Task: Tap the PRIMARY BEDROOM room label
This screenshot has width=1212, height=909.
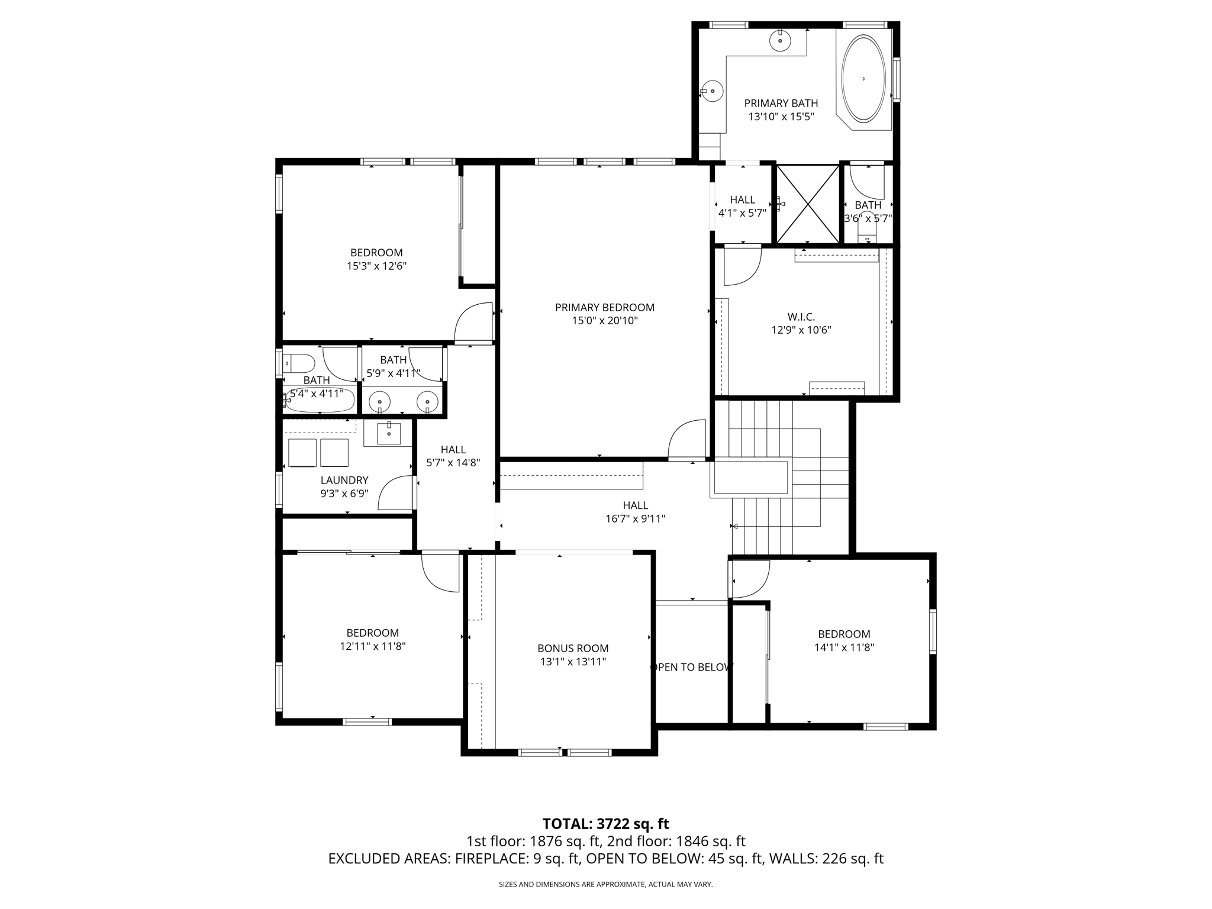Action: click(x=604, y=307)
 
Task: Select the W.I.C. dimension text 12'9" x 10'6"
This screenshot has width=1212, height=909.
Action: click(x=801, y=330)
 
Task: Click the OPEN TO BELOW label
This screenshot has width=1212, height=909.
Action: click(x=691, y=667)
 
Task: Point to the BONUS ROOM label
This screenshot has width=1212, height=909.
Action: click(x=573, y=648)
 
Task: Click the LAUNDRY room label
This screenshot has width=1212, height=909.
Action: click(x=344, y=480)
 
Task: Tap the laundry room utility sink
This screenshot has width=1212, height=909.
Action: click(x=389, y=434)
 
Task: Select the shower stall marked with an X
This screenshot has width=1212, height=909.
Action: click(x=808, y=204)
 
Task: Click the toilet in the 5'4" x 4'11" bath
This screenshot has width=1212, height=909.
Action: click(x=299, y=362)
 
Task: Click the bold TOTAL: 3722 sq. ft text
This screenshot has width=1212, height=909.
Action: click(x=605, y=824)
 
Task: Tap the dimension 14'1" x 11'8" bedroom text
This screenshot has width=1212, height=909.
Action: click(x=844, y=647)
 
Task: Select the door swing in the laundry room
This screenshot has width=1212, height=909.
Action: click(x=395, y=494)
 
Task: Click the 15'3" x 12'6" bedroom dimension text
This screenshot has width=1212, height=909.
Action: click(x=376, y=266)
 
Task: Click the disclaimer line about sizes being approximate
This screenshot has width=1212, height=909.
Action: click(x=605, y=884)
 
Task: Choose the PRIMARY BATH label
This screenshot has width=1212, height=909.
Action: click(x=781, y=103)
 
